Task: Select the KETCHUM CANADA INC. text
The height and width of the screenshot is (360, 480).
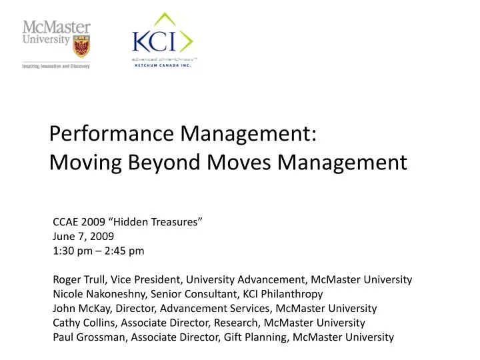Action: (x=162, y=65)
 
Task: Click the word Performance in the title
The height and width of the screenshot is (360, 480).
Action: (x=111, y=133)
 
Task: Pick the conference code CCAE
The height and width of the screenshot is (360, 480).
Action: (x=65, y=221)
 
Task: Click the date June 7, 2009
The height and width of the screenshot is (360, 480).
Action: (x=83, y=236)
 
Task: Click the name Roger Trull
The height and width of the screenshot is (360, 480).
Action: (x=78, y=279)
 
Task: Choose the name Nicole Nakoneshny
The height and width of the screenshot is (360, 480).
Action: (x=99, y=294)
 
